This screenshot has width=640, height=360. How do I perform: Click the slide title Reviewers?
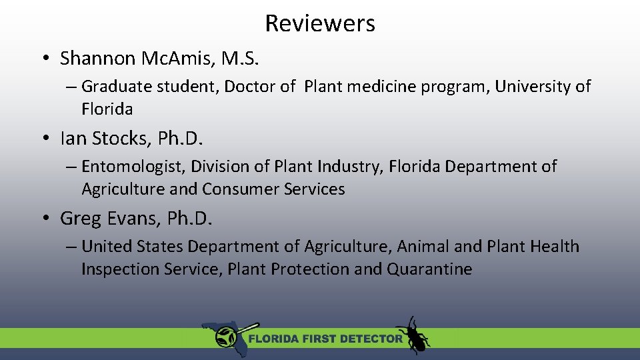pyautogui.click(x=320, y=23)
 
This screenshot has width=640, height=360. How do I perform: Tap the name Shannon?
pyautogui.click(x=98, y=59)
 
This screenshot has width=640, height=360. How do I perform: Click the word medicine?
pyautogui.click(x=383, y=87)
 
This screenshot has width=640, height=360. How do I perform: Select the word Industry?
pyautogui.click(x=346, y=167)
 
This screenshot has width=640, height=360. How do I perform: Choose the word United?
pyautogui.click(x=107, y=247)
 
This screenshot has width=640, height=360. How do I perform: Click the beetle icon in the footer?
pyautogui.click(x=413, y=335)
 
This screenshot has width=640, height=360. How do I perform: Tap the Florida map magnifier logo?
pyautogui.click(x=224, y=336)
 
